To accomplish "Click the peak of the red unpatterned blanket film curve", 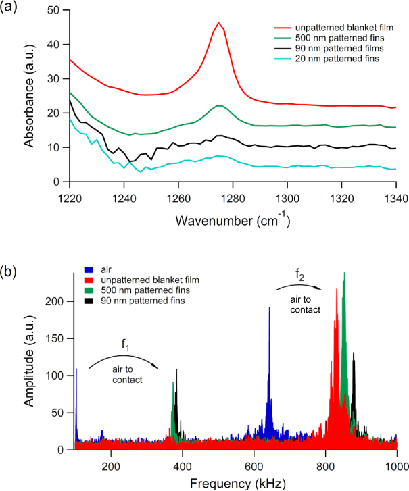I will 218,23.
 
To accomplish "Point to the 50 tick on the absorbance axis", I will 55,9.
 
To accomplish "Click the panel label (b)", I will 11,253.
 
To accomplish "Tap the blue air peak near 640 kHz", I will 269,308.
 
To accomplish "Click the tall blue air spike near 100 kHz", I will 76,369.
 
